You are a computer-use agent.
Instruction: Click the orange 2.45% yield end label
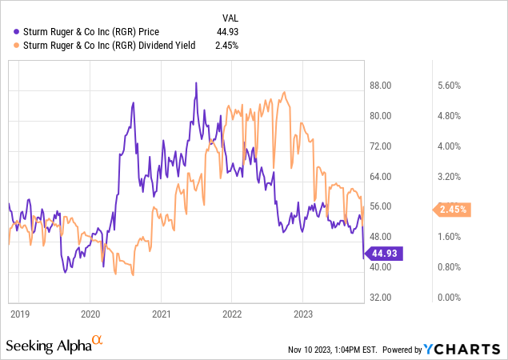(452, 210)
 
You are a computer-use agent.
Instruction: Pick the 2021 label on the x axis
(162, 314)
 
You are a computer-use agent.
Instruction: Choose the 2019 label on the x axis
(19, 314)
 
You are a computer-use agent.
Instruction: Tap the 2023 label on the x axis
(303, 314)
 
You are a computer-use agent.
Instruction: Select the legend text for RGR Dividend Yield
(104, 45)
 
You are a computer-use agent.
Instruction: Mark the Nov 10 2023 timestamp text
(334, 350)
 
